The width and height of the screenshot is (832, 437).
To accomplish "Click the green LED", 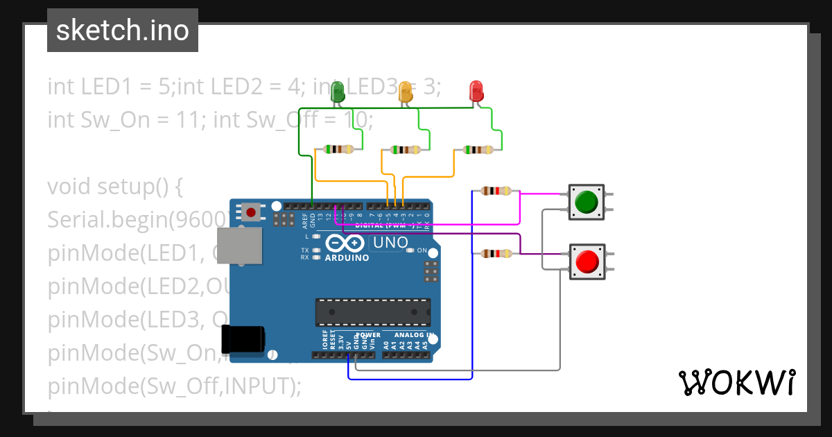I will click(338, 92).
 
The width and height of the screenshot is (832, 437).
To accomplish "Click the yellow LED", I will click(406, 92).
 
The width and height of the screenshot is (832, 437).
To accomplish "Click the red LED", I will click(476, 91).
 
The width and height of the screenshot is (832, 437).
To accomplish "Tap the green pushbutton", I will click(587, 202).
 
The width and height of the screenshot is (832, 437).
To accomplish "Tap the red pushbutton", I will click(587, 262).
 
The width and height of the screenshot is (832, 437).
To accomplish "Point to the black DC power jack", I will click(243, 339).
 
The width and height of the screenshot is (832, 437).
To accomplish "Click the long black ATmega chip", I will click(372, 312).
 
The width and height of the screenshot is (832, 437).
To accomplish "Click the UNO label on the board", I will click(390, 243).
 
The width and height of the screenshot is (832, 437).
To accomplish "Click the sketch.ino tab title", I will click(122, 31).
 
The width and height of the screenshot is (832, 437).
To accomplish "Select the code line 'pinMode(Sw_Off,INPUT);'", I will click(174, 386).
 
